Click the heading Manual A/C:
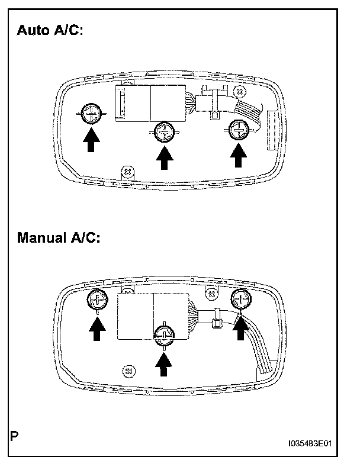click(x=60, y=238)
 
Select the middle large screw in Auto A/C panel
click(x=163, y=131)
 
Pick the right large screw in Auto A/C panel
click(x=238, y=128)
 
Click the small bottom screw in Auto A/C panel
click(x=126, y=171)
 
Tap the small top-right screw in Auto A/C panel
click(x=239, y=92)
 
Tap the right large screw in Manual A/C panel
click(x=241, y=298)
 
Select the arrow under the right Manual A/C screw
click(x=240, y=327)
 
